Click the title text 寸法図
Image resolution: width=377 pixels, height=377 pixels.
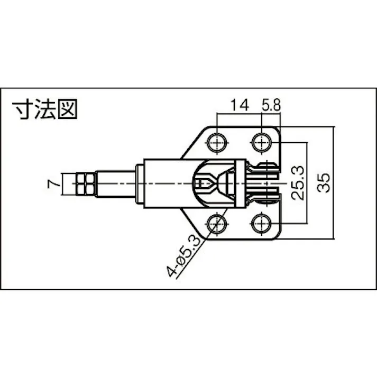point(45,109)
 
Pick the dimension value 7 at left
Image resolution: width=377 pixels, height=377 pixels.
point(51,184)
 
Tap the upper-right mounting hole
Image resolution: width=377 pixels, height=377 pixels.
point(261,141)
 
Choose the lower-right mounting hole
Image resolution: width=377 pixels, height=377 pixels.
point(261,223)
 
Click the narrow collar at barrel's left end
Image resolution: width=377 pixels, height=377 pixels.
point(139,183)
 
